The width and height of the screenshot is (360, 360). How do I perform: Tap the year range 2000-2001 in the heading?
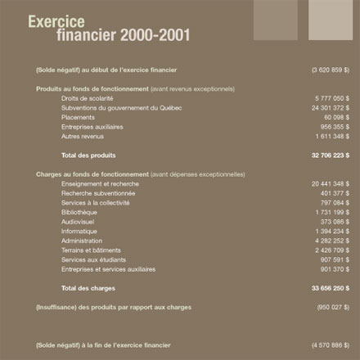pos(155,35)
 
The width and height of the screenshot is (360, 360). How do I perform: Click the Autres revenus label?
pos(83,136)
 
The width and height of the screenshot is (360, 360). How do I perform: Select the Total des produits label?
pos(88,155)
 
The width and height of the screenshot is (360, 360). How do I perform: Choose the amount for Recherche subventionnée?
pos(332,193)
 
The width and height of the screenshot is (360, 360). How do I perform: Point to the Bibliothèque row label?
pos(79,212)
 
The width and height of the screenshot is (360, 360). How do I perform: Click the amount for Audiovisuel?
pos(332,222)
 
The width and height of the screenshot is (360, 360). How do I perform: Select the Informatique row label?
pos(79,231)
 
